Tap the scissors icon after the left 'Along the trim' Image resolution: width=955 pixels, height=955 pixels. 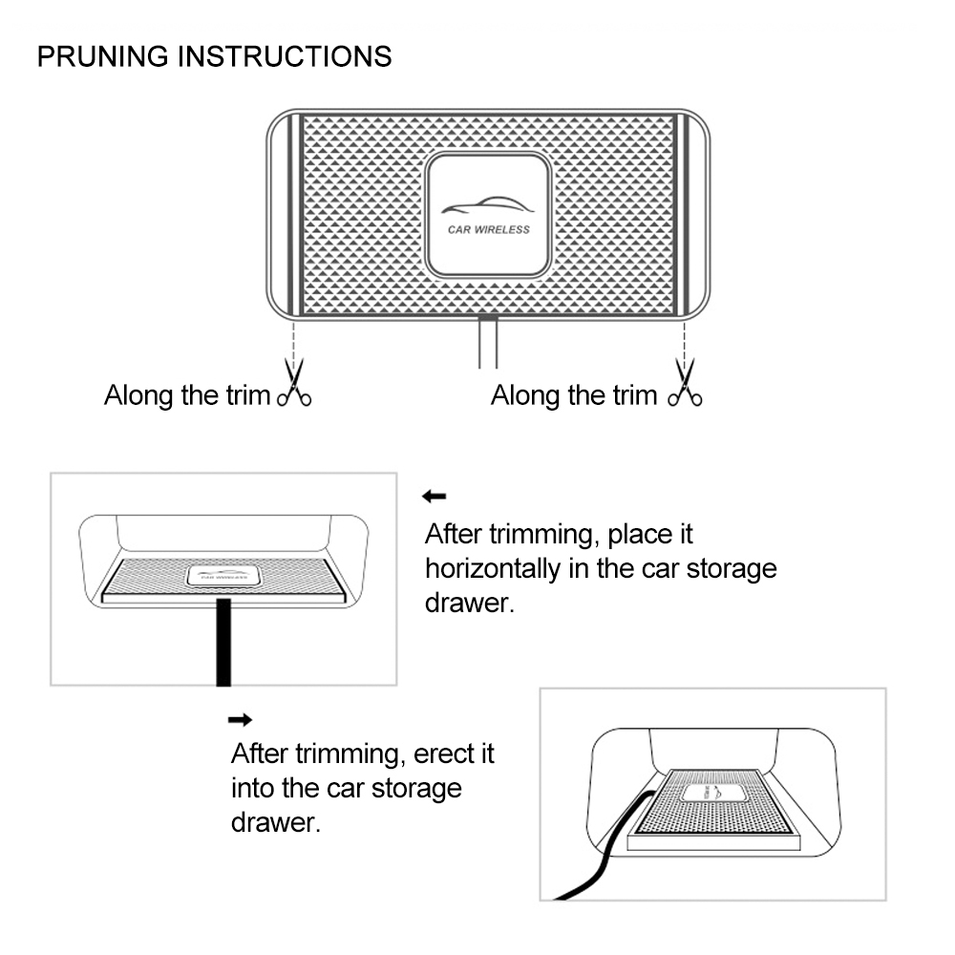pyautogui.click(x=294, y=384)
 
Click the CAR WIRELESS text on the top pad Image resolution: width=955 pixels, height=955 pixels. pyautogui.click(x=488, y=229)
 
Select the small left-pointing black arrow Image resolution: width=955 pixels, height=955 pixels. pyautogui.click(x=435, y=496)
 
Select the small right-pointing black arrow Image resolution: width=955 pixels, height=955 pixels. pyautogui.click(x=241, y=718)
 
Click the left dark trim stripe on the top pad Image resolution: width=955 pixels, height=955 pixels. pyautogui.click(x=297, y=214)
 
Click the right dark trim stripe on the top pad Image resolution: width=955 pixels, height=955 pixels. pyautogui.click(x=681, y=214)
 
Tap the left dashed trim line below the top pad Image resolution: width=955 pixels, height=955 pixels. pyautogui.click(x=294, y=336)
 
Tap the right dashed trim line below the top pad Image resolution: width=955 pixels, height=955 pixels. pyautogui.click(x=684, y=336)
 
